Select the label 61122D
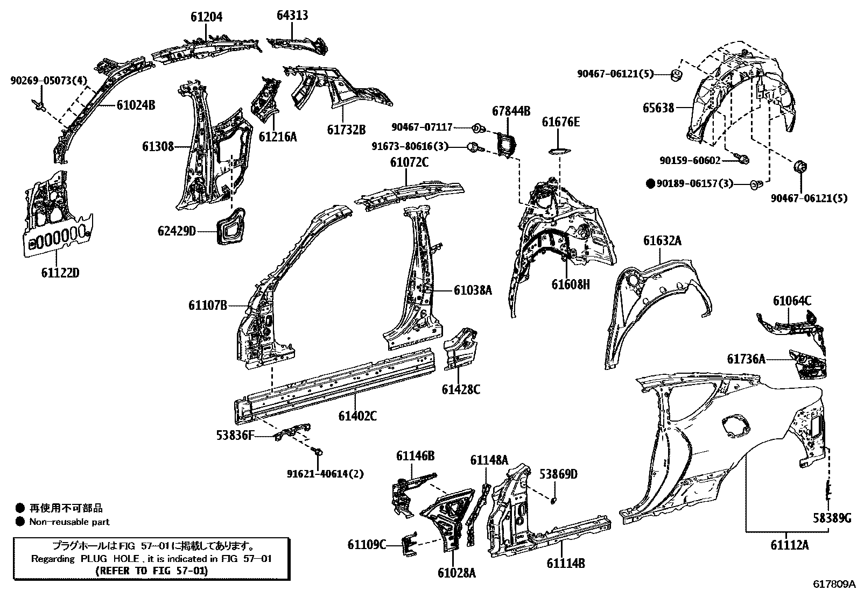pos(60,273)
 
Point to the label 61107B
pos(207,305)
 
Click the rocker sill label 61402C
pos(357,415)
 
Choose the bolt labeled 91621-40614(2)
pos(317,454)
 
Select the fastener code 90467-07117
pos(422,127)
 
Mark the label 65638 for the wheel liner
pos(658,108)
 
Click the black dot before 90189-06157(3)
pos(650,184)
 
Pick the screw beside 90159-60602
pos(743,160)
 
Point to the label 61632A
pos(662,240)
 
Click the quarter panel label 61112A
pos(789,545)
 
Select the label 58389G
pos(832,517)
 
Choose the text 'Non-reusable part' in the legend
pos(69,522)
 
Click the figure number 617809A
pos(834,583)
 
